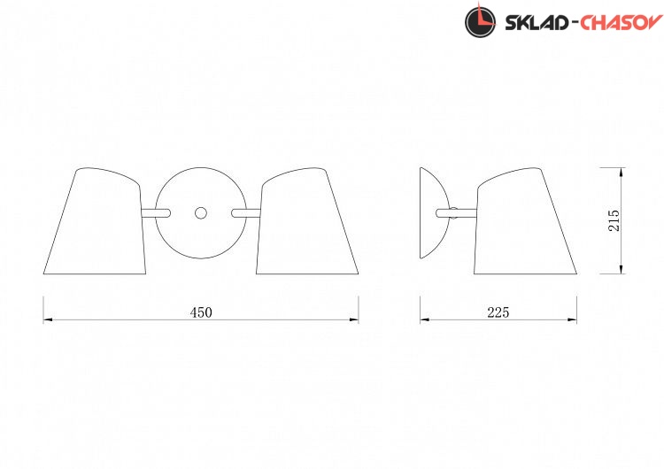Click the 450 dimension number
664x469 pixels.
coord(201,312)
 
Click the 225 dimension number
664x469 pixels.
coord(498,312)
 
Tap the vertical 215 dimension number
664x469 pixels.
coord(614,220)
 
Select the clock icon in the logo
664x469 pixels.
coord(480,21)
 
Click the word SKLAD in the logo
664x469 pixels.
coord(537,23)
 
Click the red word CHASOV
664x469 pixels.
coord(621,23)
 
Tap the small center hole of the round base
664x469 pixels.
coord(201,213)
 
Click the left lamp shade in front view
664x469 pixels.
coord(95,221)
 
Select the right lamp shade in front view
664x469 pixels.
coord(307,221)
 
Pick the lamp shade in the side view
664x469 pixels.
coord(526,221)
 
